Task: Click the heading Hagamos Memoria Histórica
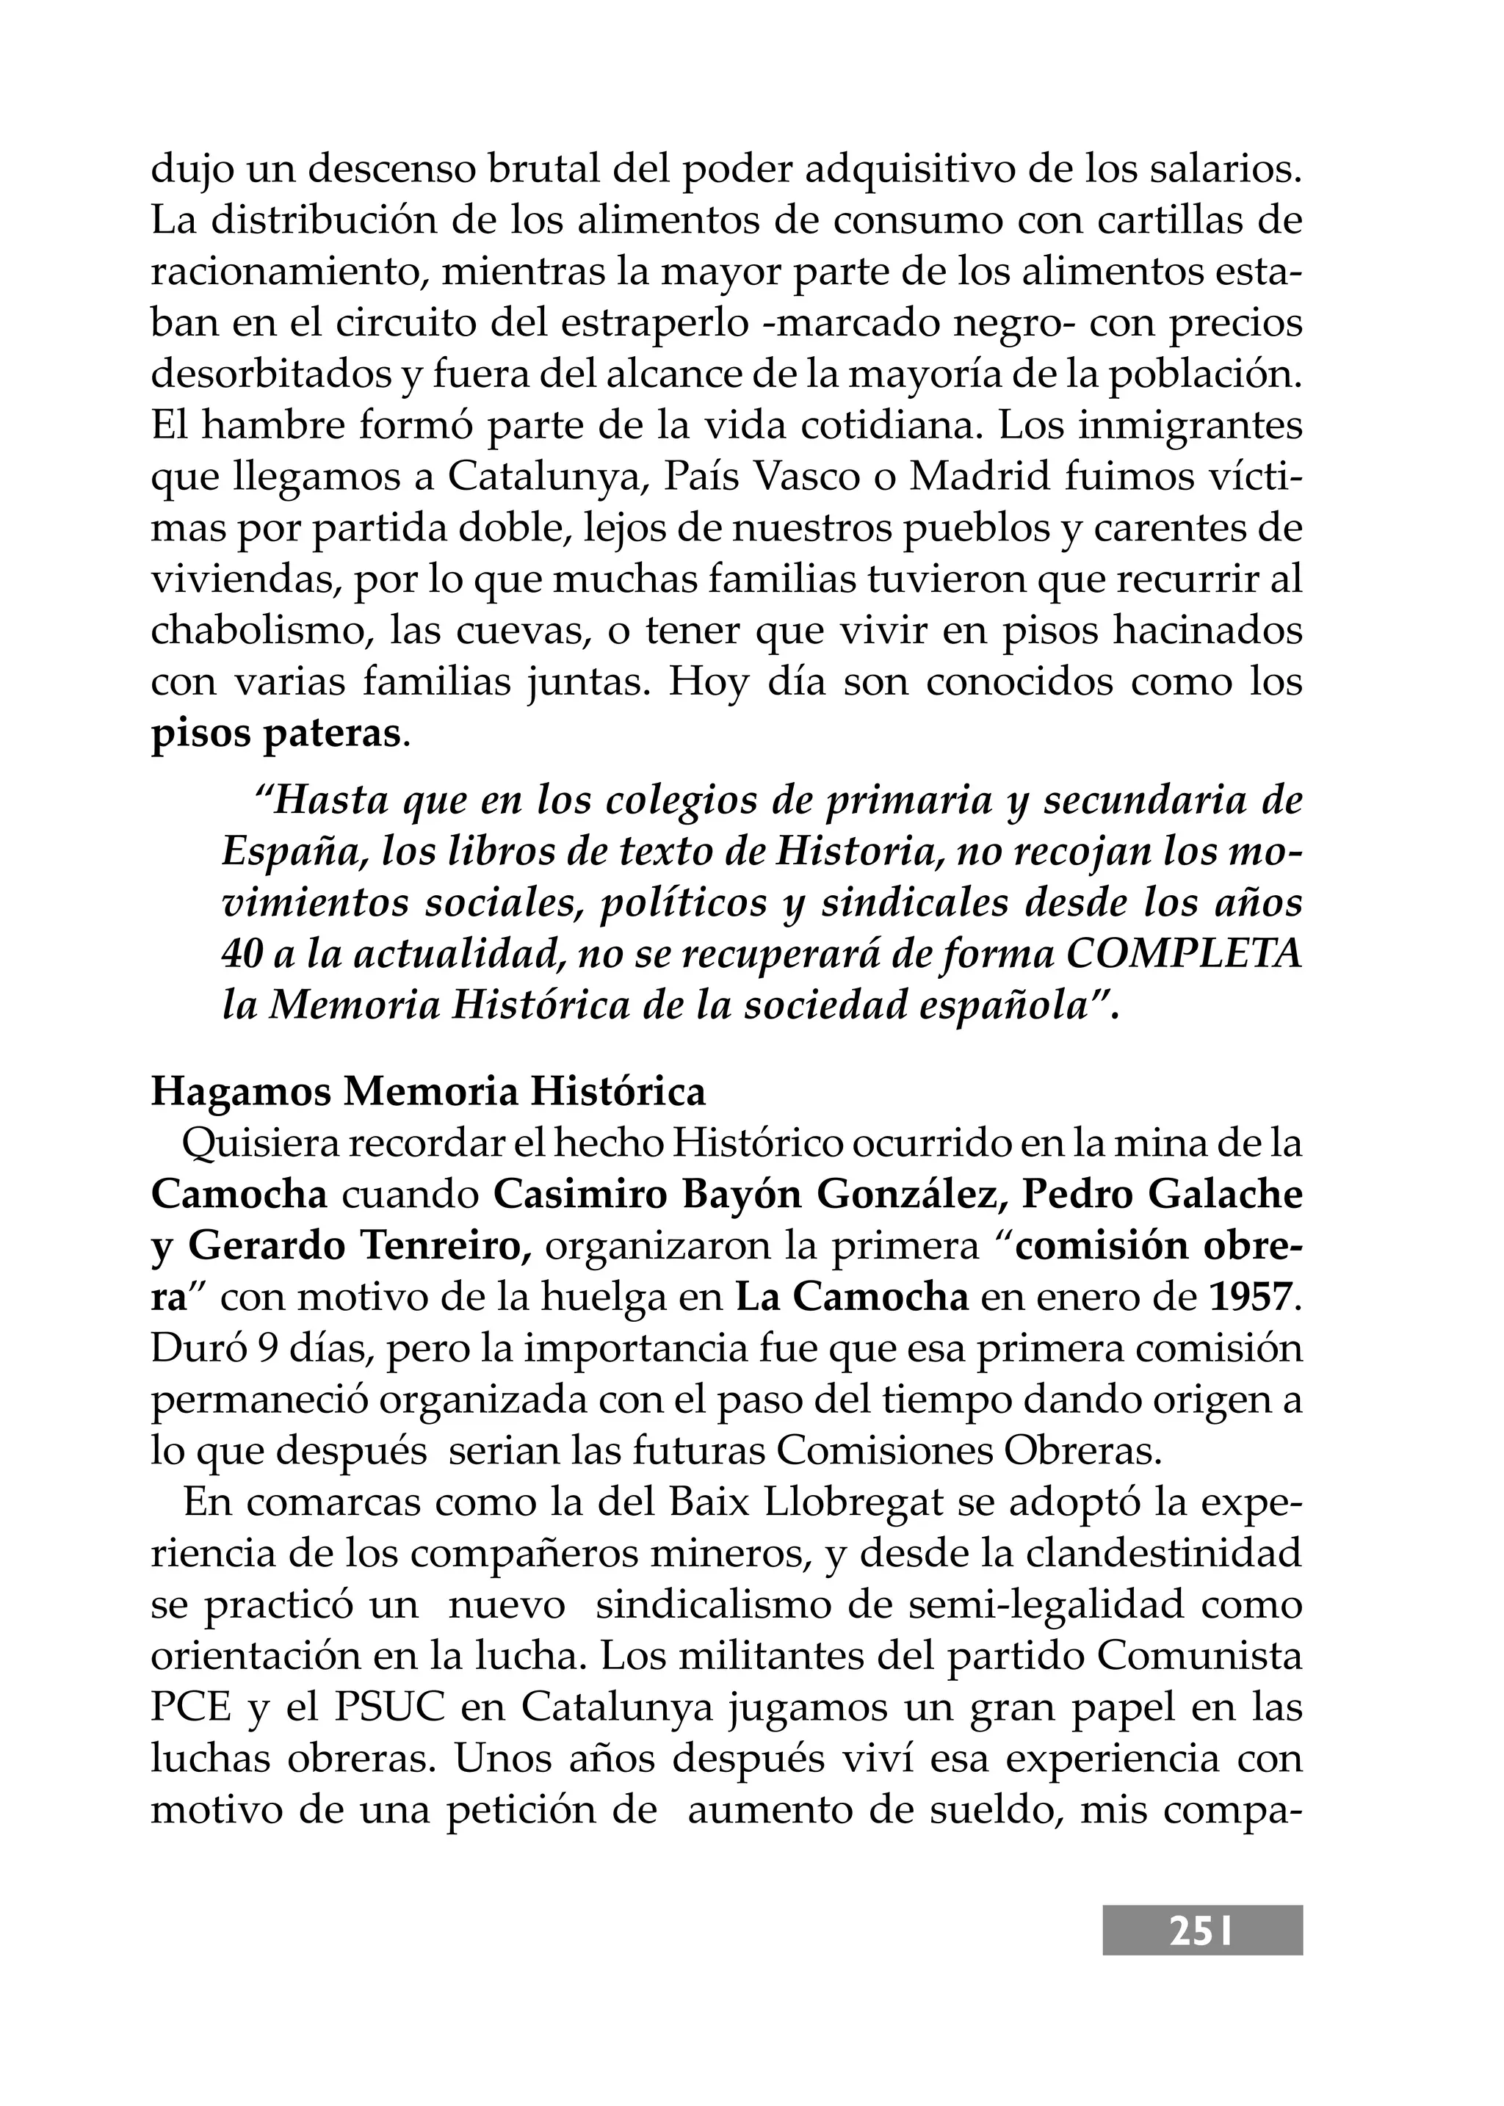coord(428,1093)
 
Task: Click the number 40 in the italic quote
coord(242,955)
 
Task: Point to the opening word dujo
coord(190,170)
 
